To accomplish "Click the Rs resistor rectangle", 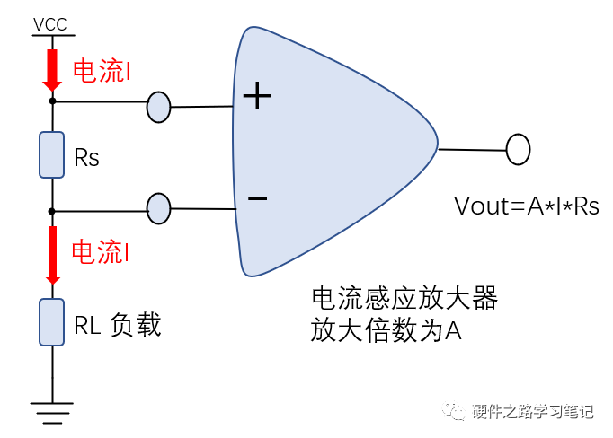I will pos(52,154).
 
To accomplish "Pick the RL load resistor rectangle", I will pos(52,322).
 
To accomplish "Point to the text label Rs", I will pos(87,159).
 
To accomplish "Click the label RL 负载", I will pos(118,325).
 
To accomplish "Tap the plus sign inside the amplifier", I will pos(258,96).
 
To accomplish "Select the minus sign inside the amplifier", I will pos(257,197).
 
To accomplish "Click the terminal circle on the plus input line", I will pos(158,107).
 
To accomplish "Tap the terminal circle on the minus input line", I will pos(158,208).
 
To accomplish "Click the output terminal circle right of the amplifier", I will pos(518,150).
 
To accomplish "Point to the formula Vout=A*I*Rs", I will pos(527,206).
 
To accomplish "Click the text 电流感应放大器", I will pos(403,298).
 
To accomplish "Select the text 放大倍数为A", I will pos(386,330).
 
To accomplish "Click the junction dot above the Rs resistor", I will pos(52,101).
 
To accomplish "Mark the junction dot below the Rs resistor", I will pos(52,211).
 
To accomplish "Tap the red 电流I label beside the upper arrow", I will pos(102,71).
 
